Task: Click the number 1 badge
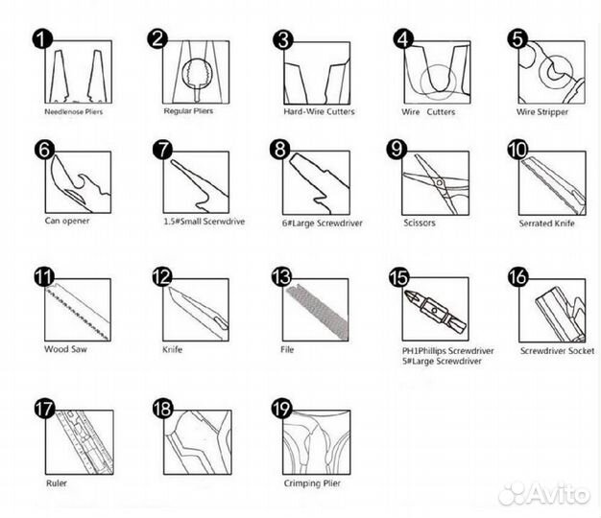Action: [x=42, y=38]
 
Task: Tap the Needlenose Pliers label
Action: [x=74, y=112]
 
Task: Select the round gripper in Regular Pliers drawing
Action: [x=197, y=74]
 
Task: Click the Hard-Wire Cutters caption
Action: [x=319, y=112]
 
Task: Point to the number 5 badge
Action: [x=517, y=39]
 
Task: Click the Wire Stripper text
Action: [x=542, y=112]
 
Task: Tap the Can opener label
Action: [x=67, y=221]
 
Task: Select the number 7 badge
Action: [x=162, y=150]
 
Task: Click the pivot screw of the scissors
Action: [x=440, y=183]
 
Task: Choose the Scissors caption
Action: [x=420, y=223]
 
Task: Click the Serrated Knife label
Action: [x=546, y=224]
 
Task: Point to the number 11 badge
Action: [x=44, y=277]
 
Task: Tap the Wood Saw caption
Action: [x=65, y=349]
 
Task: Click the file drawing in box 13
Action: [x=318, y=313]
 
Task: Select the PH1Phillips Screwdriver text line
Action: [x=447, y=351]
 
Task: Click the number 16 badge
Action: [x=518, y=277]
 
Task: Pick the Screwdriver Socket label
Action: [x=557, y=351]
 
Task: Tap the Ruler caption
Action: [x=57, y=483]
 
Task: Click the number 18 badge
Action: [x=162, y=409]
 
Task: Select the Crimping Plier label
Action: [x=312, y=483]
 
